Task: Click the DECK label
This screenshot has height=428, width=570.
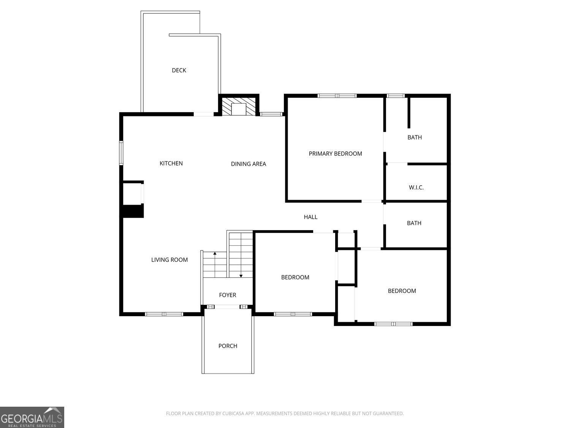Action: [x=179, y=70]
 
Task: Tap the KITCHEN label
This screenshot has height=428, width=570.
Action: [x=171, y=163]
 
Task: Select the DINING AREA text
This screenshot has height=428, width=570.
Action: [x=249, y=164]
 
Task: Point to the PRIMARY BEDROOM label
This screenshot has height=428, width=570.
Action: [x=335, y=154]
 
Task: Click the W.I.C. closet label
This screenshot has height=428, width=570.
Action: [x=416, y=188]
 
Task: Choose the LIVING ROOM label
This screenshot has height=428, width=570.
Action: [x=169, y=260]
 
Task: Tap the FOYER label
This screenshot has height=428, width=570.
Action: [x=227, y=295]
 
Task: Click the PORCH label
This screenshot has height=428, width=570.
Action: [x=228, y=346]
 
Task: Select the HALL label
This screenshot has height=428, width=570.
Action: [x=310, y=217]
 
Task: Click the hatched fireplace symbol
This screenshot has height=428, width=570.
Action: [x=239, y=107]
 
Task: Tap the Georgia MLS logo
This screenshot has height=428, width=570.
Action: [x=32, y=417]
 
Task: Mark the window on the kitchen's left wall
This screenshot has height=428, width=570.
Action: [x=121, y=153]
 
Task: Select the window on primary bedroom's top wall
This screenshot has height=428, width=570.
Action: [x=337, y=95]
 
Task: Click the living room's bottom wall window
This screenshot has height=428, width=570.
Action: [x=164, y=314]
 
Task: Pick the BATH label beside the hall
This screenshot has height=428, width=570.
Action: [x=414, y=223]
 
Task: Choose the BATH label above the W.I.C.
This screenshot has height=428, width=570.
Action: [x=415, y=137]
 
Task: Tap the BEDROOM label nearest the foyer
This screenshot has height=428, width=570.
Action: [x=295, y=277]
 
